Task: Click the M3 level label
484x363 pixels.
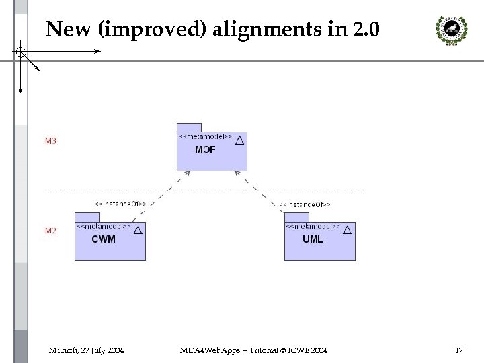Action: coord(50,141)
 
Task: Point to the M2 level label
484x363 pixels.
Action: coord(50,231)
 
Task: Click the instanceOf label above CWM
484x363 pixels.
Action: coord(120,203)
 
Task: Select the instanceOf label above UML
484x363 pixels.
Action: coord(304,204)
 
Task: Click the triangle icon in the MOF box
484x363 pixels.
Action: coord(239,140)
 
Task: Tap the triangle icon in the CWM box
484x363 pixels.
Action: coord(138,230)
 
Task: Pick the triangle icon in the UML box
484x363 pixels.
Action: coord(348,230)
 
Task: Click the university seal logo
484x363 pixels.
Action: coord(448,29)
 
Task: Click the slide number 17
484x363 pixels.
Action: coord(459,350)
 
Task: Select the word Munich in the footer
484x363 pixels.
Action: coord(62,350)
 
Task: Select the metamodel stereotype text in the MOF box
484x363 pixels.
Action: coord(206,136)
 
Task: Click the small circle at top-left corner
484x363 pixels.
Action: coord(21,51)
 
